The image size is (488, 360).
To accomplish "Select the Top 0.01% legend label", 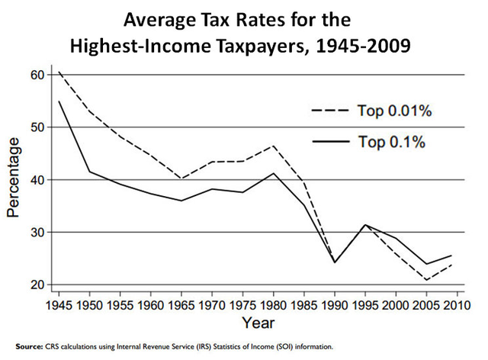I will tap(395, 111).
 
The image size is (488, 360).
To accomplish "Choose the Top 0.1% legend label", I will tap(391, 142).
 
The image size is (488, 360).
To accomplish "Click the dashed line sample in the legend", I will tap(329, 111).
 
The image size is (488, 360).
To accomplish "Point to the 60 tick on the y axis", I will tap(37, 75).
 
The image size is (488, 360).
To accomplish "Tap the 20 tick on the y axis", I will tap(37, 284).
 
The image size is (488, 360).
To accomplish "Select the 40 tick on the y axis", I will tap(37, 180).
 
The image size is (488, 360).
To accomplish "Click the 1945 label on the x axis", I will tap(59, 305).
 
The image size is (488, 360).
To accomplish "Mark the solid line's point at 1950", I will tap(90, 171).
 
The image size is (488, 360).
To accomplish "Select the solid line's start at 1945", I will tap(59, 101).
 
